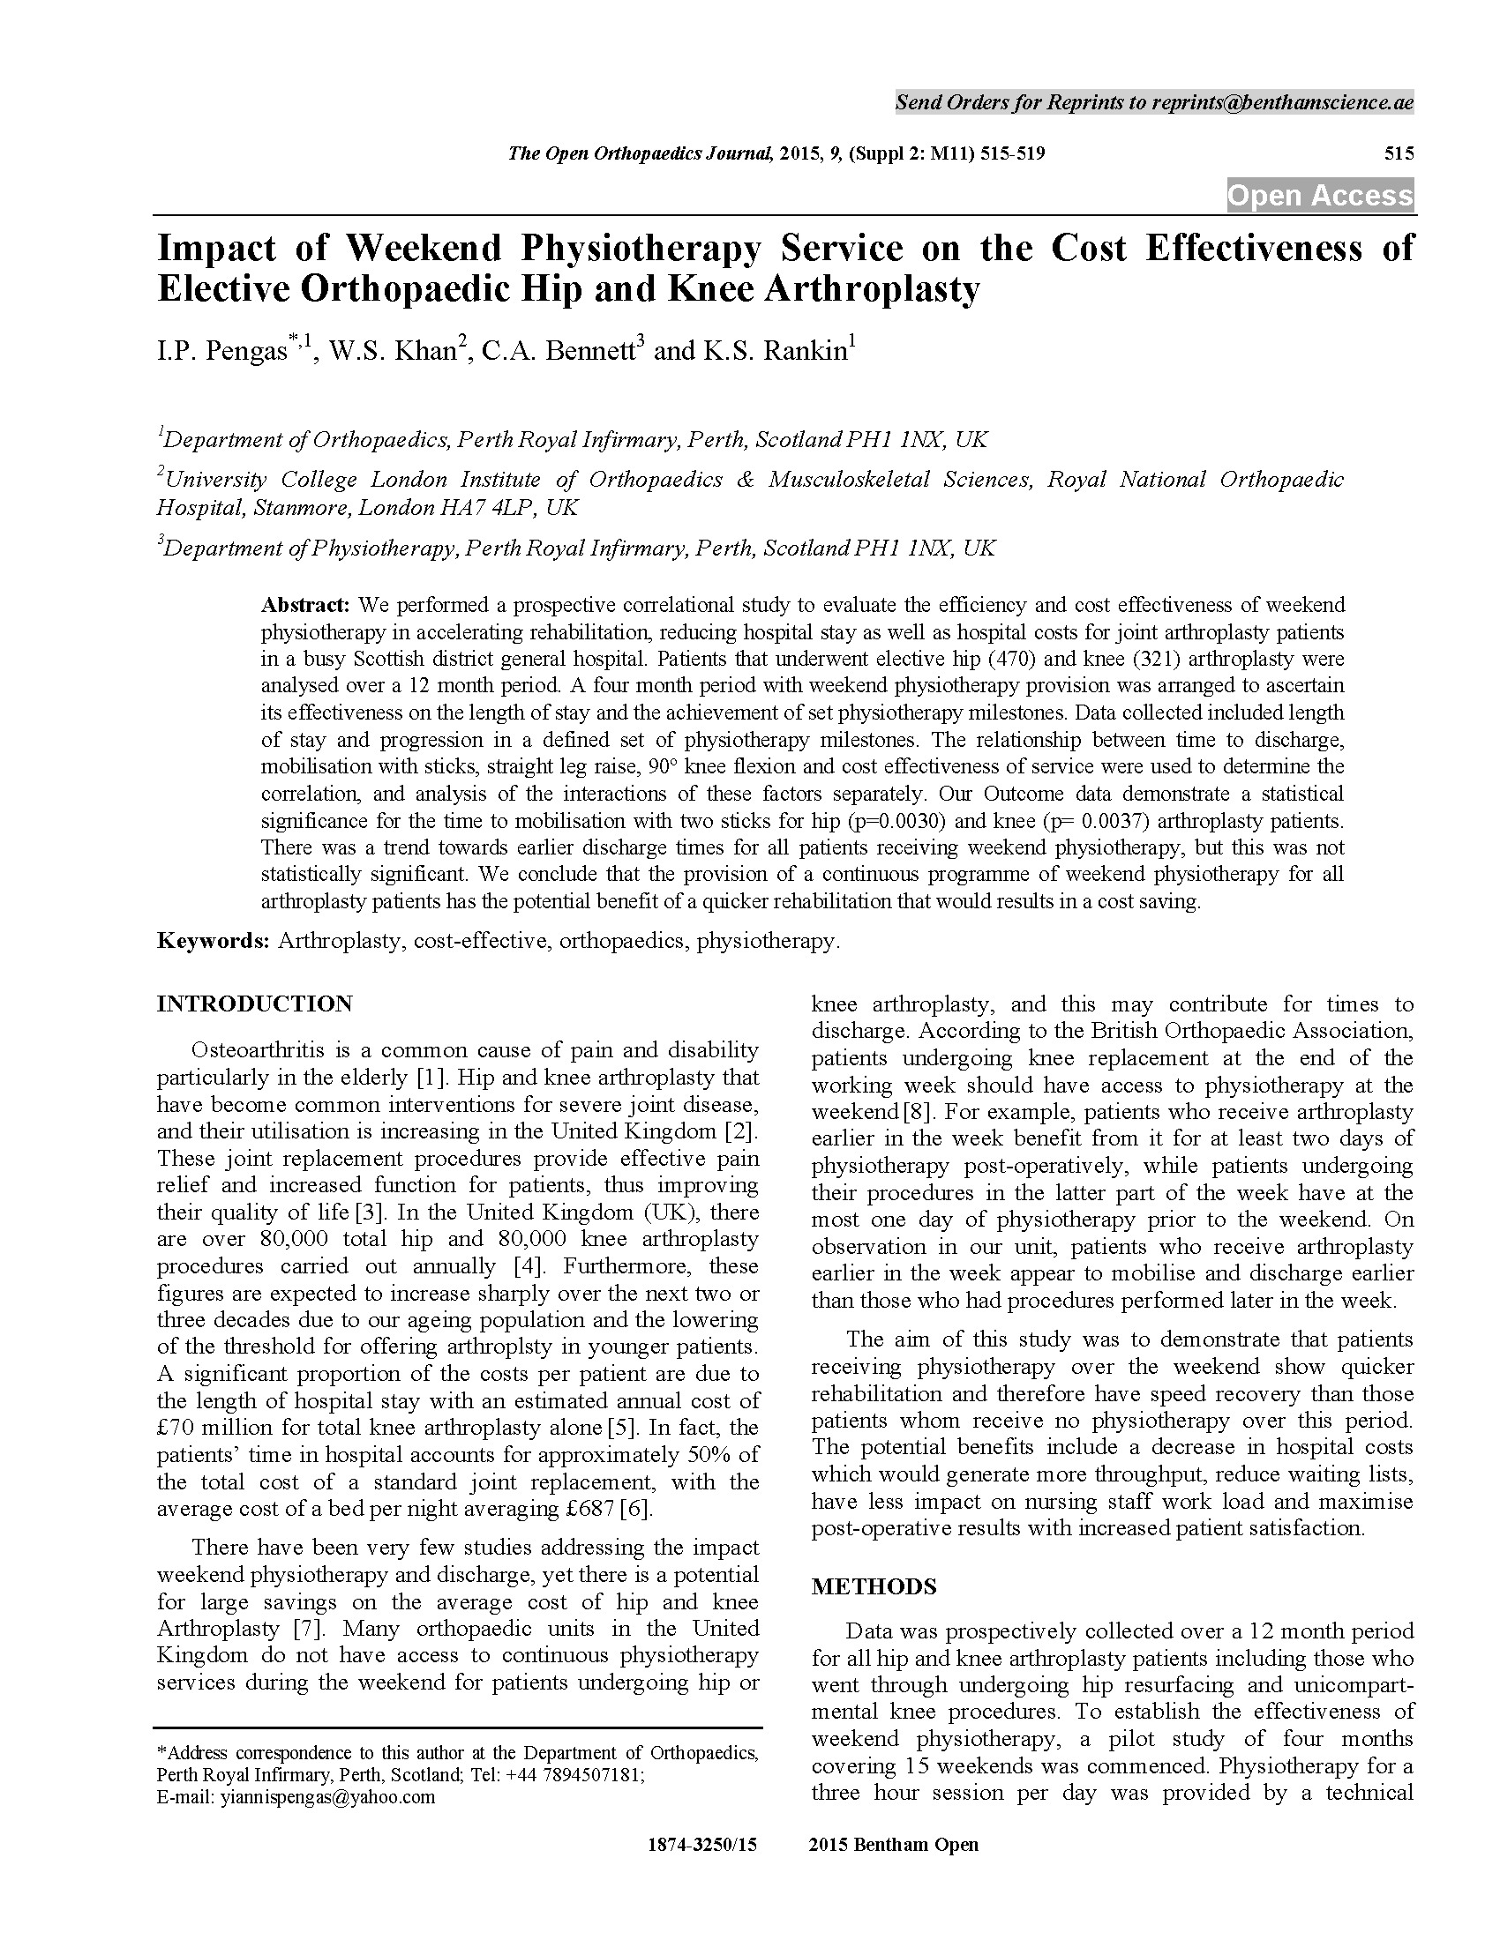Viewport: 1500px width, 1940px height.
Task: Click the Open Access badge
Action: [1320, 196]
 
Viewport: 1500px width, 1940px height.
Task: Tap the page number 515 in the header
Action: [1398, 153]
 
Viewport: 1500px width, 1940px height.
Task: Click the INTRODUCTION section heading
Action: [254, 1004]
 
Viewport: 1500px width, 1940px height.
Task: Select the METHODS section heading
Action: [874, 1587]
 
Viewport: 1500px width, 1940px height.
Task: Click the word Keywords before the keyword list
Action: [213, 941]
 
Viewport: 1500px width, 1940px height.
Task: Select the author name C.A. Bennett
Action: [559, 351]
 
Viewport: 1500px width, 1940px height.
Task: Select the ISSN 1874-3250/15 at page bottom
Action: [702, 1845]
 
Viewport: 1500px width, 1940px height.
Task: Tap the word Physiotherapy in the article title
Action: [641, 248]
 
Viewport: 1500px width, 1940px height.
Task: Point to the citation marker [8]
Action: [917, 1112]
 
